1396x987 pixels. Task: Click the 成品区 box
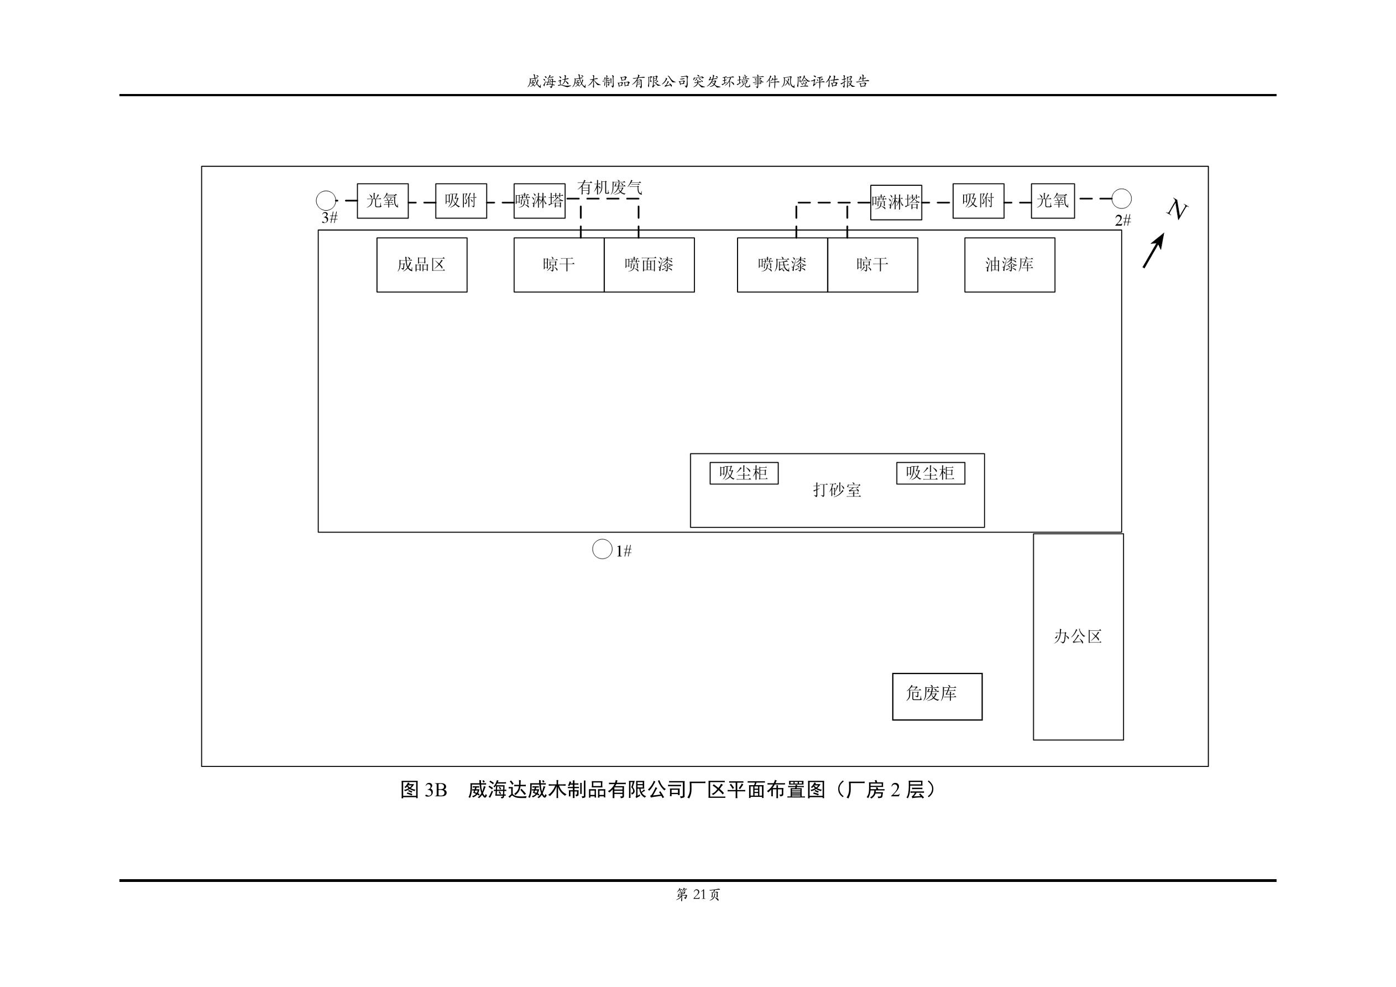coord(421,264)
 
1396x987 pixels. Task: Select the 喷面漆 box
coord(649,264)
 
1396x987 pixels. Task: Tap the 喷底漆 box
coord(782,264)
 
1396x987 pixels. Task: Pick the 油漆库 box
coord(1010,264)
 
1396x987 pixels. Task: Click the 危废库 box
coord(937,696)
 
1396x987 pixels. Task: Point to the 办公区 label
coord(1078,637)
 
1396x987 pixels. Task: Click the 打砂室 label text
coord(837,490)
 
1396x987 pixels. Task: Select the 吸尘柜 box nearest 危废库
coord(930,473)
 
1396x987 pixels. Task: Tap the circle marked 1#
coord(602,549)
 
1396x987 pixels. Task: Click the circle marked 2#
coord(1121,199)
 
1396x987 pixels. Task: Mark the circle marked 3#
coord(326,201)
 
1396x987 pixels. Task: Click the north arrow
coord(1153,250)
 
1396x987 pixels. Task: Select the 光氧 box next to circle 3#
coord(383,201)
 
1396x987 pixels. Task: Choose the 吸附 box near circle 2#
coord(977,201)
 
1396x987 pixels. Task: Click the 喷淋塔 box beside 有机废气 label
coord(539,201)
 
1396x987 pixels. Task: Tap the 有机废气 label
coord(609,187)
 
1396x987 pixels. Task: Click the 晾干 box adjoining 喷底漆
coord(872,264)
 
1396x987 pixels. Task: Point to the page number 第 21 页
coord(698,895)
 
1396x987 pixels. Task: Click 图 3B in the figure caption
coord(424,790)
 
